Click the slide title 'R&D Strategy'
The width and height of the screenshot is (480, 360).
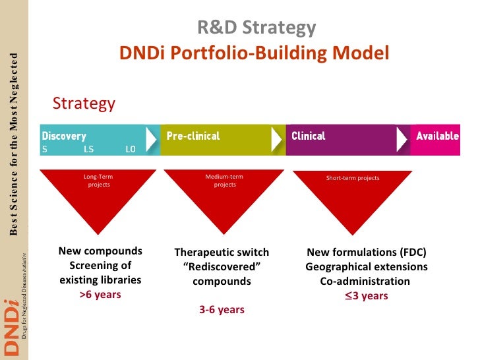(256, 28)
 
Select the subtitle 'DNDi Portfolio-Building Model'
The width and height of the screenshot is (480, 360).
(255, 52)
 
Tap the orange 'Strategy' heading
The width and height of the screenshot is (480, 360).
(84, 104)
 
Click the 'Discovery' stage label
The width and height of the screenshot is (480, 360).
(64, 136)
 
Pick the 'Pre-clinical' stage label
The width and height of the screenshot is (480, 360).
(193, 136)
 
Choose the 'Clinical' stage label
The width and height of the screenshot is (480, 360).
(309, 136)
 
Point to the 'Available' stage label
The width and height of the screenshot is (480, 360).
(437, 136)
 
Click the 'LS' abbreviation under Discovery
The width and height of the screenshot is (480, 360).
(89, 149)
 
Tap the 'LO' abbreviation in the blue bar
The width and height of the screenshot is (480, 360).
(130, 149)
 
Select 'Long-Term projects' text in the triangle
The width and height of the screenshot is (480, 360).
(99, 181)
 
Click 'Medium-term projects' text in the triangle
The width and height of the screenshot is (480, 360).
(224, 181)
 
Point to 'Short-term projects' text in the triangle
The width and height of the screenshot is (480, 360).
(353, 178)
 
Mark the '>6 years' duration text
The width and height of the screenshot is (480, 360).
(100, 295)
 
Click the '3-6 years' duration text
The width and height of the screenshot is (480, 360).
(222, 309)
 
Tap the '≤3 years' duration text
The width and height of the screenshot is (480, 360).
(366, 296)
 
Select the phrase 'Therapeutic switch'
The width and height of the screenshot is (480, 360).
(222, 253)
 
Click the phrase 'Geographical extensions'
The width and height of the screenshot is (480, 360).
(366, 267)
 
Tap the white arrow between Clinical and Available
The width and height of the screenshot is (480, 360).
(402, 140)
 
